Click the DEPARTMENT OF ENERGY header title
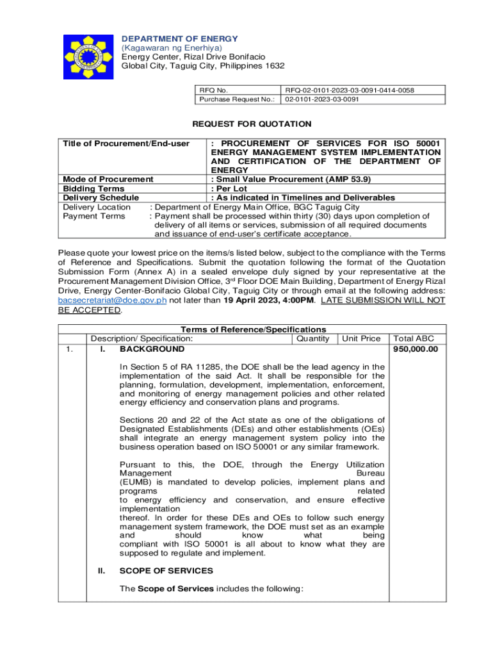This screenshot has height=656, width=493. [x=180, y=39]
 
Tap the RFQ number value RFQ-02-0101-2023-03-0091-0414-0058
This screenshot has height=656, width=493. [x=350, y=91]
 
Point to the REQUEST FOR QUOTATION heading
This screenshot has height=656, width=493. [x=252, y=124]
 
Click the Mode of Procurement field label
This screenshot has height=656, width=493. [x=108, y=179]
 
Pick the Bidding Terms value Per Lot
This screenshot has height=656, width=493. [x=230, y=189]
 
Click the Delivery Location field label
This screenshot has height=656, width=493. [x=97, y=207]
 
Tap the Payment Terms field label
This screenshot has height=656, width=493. [x=94, y=217]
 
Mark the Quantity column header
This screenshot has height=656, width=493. [x=312, y=339]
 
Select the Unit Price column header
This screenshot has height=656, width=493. [x=361, y=339]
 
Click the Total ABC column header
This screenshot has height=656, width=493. [x=414, y=339]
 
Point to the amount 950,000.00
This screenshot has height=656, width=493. [x=416, y=349]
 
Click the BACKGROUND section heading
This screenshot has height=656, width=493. [x=152, y=349]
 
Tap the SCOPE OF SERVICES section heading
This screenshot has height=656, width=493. [x=166, y=571]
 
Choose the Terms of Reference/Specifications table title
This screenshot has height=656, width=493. [x=253, y=329]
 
